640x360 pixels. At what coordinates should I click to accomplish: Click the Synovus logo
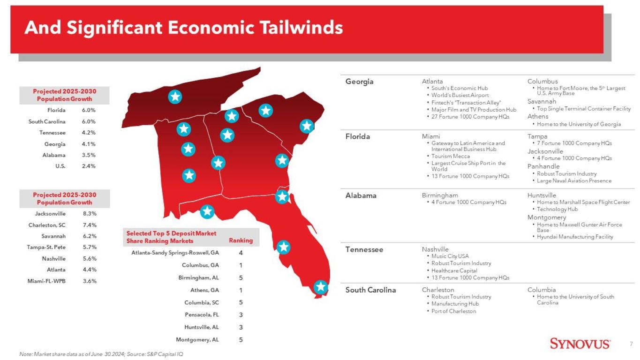(x=580, y=344)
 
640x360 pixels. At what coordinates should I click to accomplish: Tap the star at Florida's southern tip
(x=321, y=287)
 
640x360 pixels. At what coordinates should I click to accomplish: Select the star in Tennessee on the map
(x=175, y=97)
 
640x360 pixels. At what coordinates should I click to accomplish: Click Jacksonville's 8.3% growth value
(x=90, y=214)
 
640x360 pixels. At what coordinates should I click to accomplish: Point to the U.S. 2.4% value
(x=89, y=166)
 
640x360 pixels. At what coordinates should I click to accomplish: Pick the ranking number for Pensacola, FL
(x=241, y=315)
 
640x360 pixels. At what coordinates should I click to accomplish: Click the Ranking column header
(x=241, y=240)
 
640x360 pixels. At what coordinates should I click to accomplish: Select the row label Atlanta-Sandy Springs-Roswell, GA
(x=175, y=253)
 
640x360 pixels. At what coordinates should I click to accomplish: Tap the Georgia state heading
(x=360, y=82)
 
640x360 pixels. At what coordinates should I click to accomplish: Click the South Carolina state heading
(x=370, y=290)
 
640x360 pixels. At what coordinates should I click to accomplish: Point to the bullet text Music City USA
(x=450, y=256)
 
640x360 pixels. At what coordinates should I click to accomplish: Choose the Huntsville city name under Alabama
(x=542, y=195)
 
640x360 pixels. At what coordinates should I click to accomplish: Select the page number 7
(x=631, y=344)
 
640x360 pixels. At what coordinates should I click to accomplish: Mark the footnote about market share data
(x=101, y=354)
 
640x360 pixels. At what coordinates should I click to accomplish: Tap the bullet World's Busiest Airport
(x=460, y=96)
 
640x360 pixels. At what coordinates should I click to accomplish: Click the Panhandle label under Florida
(x=543, y=166)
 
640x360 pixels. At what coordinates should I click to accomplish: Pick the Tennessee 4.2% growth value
(x=89, y=133)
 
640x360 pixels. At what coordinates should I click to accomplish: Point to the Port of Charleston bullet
(x=454, y=311)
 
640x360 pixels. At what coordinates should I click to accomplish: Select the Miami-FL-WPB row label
(x=46, y=281)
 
